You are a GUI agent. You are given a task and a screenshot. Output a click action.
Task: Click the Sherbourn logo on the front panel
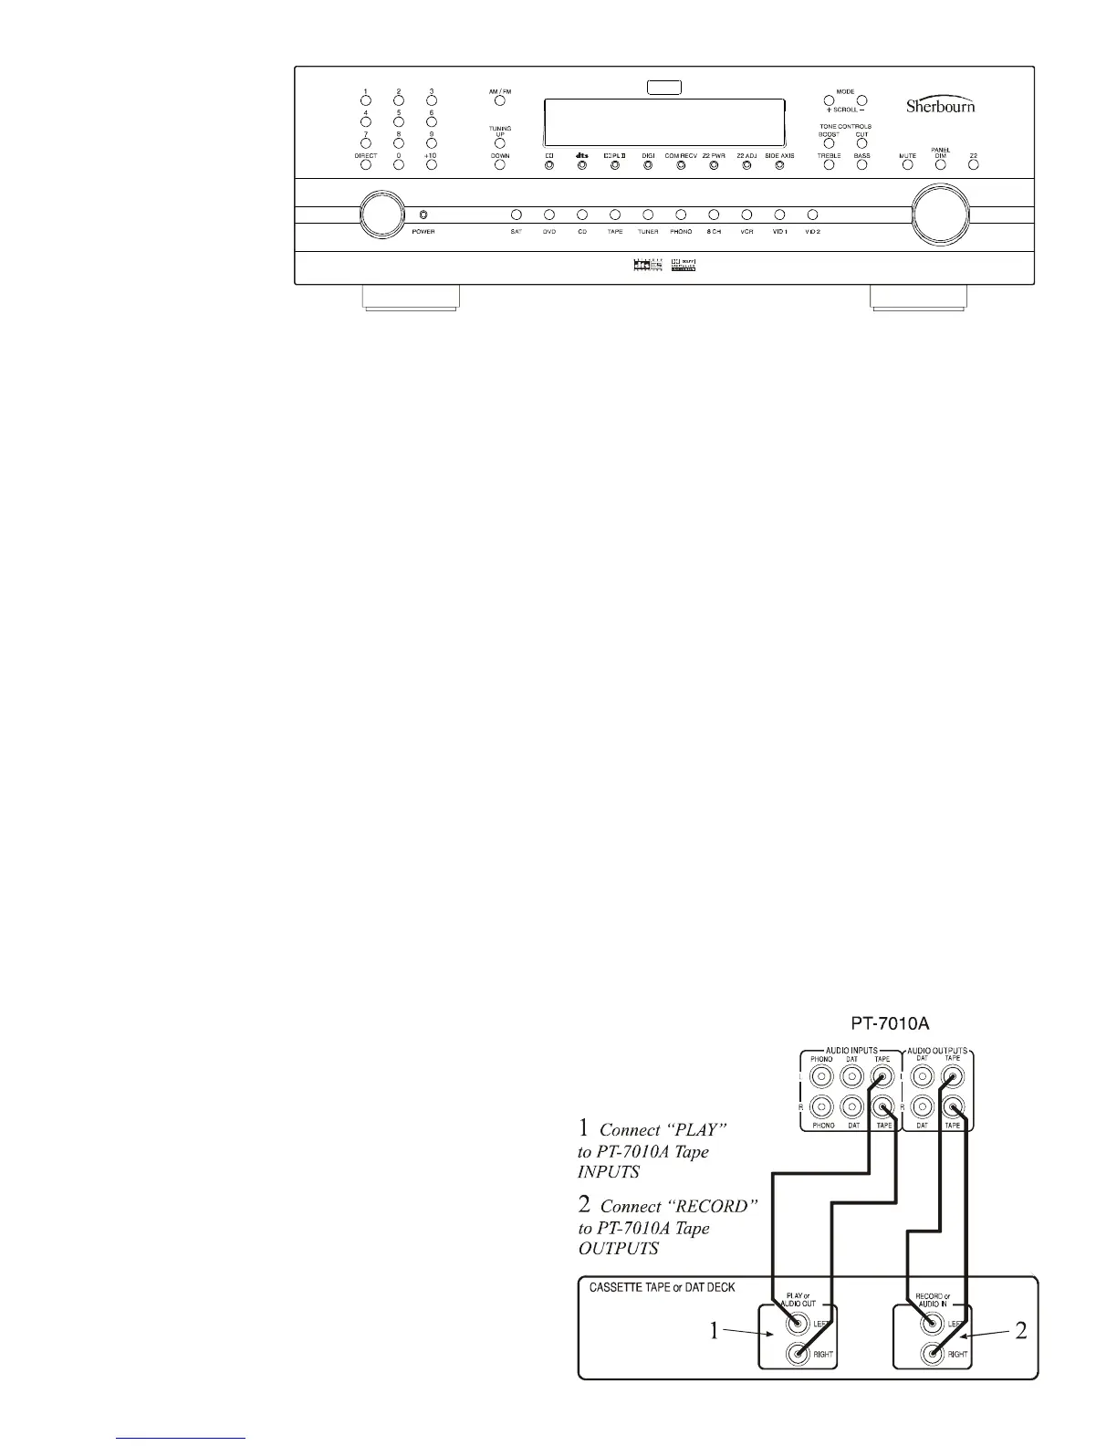[x=940, y=105]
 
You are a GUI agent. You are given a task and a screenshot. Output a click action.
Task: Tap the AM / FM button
[x=500, y=100]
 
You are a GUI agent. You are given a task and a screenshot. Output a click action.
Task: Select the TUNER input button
[x=648, y=215]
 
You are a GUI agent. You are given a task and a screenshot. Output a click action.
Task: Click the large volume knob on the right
[x=941, y=215]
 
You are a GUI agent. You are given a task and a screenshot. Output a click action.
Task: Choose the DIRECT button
[x=365, y=166]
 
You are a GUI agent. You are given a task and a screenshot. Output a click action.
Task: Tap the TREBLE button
[x=829, y=166]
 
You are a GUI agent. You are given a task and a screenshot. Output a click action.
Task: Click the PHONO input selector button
[x=681, y=215]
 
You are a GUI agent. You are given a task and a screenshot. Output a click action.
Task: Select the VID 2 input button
[x=812, y=215]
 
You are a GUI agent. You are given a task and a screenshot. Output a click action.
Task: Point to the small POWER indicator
[x=422, y=215]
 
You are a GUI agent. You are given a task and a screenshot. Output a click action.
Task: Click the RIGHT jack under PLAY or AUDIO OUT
[x=799, y=1355]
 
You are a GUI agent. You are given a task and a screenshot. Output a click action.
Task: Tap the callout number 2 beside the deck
[x=1020, y=1331]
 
